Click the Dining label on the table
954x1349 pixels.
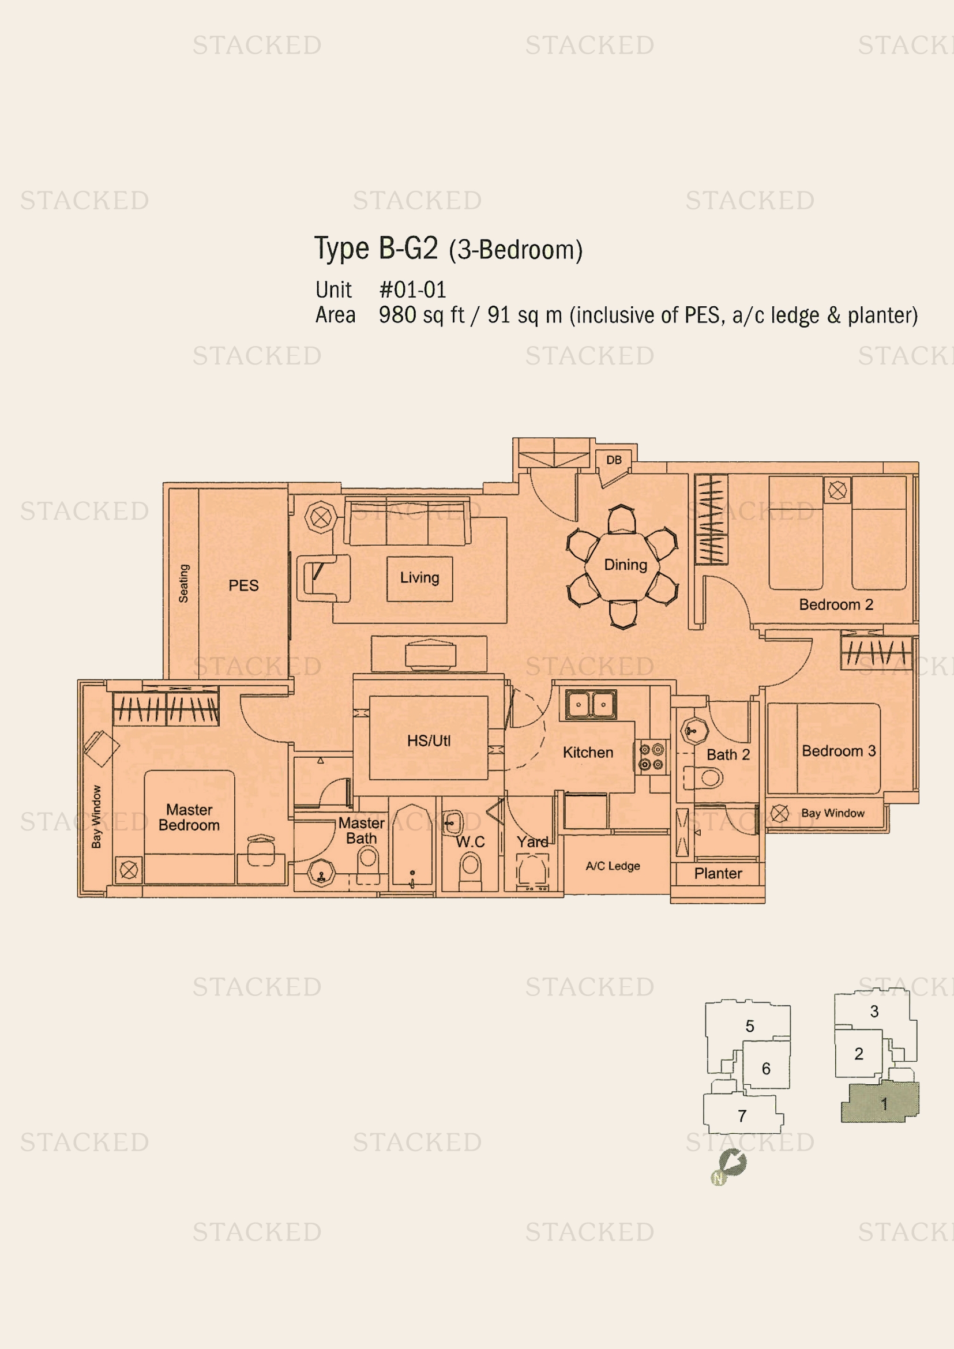(625, 565)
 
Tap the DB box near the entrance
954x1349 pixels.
(613, 460)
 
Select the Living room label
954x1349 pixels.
(419, 577)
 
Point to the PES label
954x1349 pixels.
(243, 585)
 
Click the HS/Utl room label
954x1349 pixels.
(429, 741)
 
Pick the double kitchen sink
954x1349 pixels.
(591, 704)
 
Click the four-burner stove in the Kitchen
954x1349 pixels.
(651, 757)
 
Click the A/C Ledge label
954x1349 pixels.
(613, 866)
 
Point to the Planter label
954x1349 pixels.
(718, 874)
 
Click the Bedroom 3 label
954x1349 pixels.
(838, 751)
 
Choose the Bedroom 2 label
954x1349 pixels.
(836, 604)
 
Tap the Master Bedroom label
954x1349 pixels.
(189, 817)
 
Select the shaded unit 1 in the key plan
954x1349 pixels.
(881, 1103)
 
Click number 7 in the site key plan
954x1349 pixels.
(742, 1116)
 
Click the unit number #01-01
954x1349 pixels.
(412, 290)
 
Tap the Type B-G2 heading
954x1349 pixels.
(376, 248)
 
